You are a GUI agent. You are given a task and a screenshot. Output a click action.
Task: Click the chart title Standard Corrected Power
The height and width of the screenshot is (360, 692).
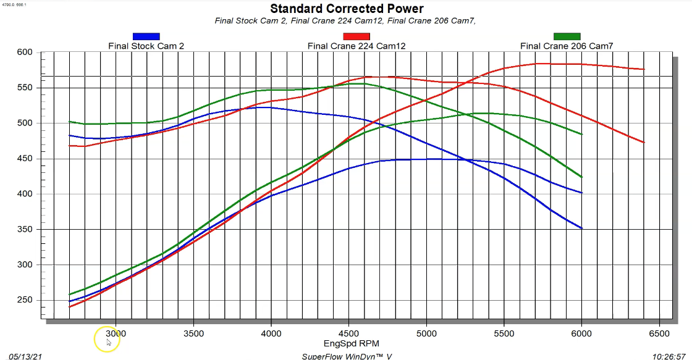347,9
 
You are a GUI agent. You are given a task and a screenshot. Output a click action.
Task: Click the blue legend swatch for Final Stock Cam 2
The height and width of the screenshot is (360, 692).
146,36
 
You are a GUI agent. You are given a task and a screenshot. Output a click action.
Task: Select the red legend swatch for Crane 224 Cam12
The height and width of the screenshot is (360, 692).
356,36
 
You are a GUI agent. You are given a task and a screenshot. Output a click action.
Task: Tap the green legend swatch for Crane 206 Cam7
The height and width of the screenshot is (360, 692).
567,36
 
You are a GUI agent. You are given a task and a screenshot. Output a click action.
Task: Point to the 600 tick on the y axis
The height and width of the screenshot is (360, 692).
24,52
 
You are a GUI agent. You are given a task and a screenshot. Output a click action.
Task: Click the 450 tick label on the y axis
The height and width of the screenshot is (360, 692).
24,159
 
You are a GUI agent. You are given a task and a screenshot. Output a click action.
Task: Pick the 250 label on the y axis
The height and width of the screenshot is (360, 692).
24,300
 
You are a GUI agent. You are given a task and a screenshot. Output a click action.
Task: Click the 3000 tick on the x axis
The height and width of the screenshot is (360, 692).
116,333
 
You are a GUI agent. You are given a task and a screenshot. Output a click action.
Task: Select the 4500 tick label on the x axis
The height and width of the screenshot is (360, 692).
348,333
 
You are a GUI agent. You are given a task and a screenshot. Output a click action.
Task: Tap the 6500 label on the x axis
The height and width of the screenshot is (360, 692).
659,333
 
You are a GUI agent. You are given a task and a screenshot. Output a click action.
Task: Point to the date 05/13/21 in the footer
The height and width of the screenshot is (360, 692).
22,356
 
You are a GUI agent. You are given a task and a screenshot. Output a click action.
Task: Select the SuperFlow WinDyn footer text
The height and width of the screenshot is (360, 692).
347,356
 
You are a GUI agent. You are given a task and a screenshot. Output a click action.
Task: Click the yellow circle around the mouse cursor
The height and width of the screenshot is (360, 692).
106,339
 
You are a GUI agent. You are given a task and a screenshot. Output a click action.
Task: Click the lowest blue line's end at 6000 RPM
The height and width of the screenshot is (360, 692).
581,228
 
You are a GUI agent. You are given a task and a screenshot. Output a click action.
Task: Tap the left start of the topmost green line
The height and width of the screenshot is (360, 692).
69,122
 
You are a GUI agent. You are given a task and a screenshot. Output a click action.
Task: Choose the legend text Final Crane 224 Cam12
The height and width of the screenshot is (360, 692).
357,46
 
